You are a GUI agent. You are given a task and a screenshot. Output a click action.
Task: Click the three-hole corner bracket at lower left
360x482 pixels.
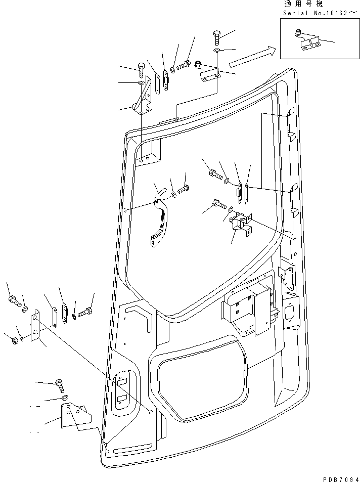point(74,416)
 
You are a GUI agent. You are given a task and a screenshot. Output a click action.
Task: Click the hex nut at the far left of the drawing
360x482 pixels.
point(13,340)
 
